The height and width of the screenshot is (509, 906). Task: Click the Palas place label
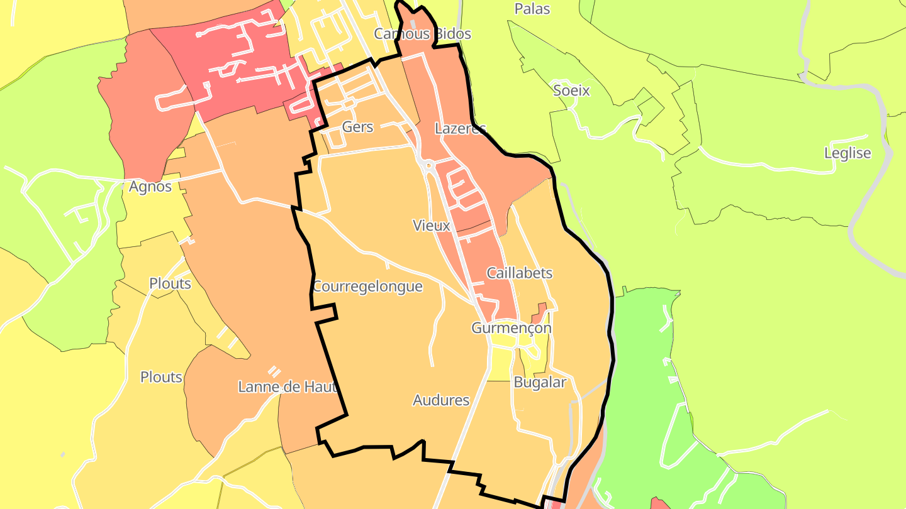click(532, 9)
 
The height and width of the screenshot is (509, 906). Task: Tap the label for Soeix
click(571, 90)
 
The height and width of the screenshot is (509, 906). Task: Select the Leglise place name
click(847, 153)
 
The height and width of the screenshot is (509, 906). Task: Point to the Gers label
click(357, 127)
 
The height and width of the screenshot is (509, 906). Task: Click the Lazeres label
click(461, 129)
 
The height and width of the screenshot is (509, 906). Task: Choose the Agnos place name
click(150, 187)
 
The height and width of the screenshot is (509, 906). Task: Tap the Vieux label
click(431, 225)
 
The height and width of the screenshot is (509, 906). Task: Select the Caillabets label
click(520, 273)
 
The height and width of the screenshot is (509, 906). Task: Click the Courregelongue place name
click(367, 287)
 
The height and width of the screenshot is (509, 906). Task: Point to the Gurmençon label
click(512, 328)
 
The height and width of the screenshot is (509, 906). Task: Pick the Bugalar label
click(540, 382)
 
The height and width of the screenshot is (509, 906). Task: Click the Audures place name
click(441, 400)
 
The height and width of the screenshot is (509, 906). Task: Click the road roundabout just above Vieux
click(428, 167)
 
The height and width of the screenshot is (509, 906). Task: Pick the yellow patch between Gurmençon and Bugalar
click(503, 358)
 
